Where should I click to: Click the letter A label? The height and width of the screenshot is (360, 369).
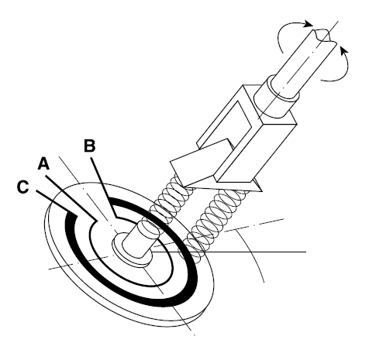[x=43, y=164]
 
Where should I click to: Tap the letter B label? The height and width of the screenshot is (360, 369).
[x=90, y=146]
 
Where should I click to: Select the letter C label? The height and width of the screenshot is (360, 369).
[x=22, y=187]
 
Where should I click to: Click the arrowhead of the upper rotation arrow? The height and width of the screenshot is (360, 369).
[x=309, y=24]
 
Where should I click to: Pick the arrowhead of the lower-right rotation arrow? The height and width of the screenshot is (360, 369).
[x=343, y=52]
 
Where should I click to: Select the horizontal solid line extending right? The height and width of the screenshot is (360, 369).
[x=229, y=252]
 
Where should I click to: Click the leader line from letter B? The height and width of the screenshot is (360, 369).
[x=103, y=186]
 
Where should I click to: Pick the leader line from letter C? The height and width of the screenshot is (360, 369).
[x=56, y=203]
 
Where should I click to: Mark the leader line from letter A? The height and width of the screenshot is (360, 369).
[x=71, y=199]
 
